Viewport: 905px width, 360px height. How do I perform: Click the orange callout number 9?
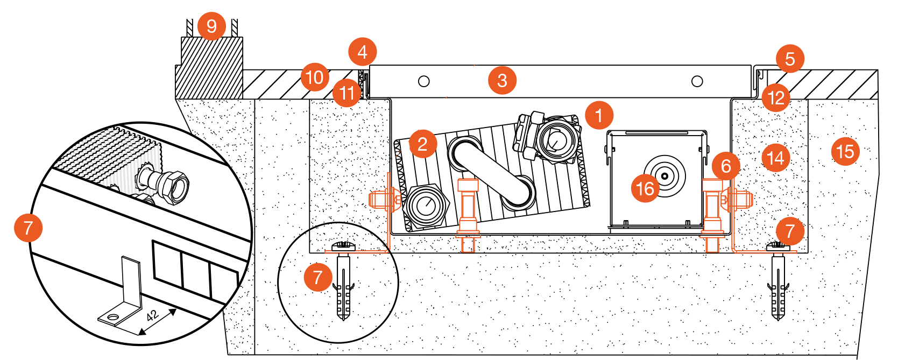[x=211, y=26]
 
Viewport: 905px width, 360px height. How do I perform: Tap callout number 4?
[x=362, y=52]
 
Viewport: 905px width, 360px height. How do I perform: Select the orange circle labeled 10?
[x=315, y=77]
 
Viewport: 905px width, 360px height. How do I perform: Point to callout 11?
[x=347, y=93]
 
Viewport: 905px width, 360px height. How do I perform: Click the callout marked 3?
[x=502, y=80]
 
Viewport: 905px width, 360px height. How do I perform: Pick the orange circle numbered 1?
[x=599, y=115]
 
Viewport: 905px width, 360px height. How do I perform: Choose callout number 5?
[x=790, y=59]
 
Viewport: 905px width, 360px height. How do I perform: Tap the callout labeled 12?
[x=776, y=98]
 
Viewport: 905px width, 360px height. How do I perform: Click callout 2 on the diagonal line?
[x=422, y=144]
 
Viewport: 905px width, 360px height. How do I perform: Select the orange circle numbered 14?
[x=775, y=158]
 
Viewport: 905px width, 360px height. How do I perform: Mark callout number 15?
[x=845, y=151]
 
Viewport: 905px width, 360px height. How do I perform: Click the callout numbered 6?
[x=726, y=166]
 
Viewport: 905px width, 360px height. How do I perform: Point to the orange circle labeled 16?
[x=645, y=188]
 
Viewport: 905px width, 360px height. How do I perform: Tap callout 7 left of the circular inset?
[x=28, y=227]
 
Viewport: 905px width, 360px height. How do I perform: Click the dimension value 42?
[x=152, y=315]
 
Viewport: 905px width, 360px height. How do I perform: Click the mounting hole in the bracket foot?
[x=112, y=317]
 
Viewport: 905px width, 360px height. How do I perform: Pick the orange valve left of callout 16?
[x=468, y=215]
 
